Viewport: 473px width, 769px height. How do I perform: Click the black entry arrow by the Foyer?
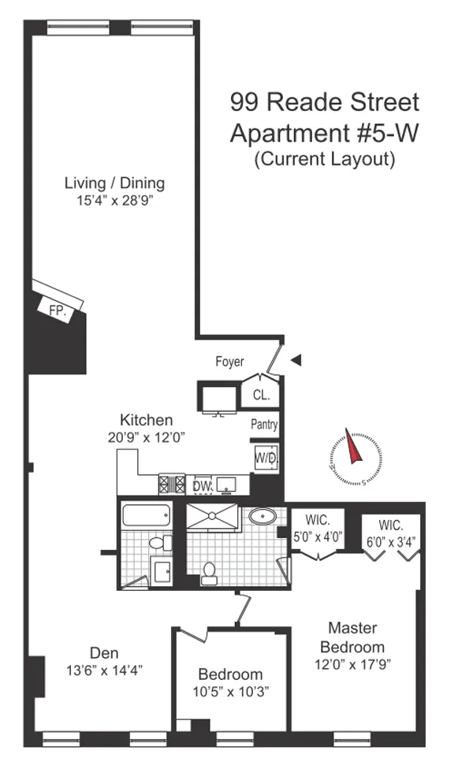click(x=296, y=360)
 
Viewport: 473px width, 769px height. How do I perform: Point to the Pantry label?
click(x=264, y=425)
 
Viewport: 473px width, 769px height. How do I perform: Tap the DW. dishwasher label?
click(x=201, y=485)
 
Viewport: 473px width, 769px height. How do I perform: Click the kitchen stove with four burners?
click(x=171, y=484)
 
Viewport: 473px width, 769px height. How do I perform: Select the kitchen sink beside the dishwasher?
click(x=229, y=484)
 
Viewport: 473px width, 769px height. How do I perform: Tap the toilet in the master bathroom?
click(x=210, y=573)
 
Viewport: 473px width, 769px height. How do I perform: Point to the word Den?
click(x=104, y=652)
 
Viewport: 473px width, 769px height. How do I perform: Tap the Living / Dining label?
click(x=114, y=184)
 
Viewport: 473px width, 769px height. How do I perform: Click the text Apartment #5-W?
click(x=323, y=132)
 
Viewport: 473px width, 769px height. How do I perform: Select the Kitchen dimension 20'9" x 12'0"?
click(x=146, y=436)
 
